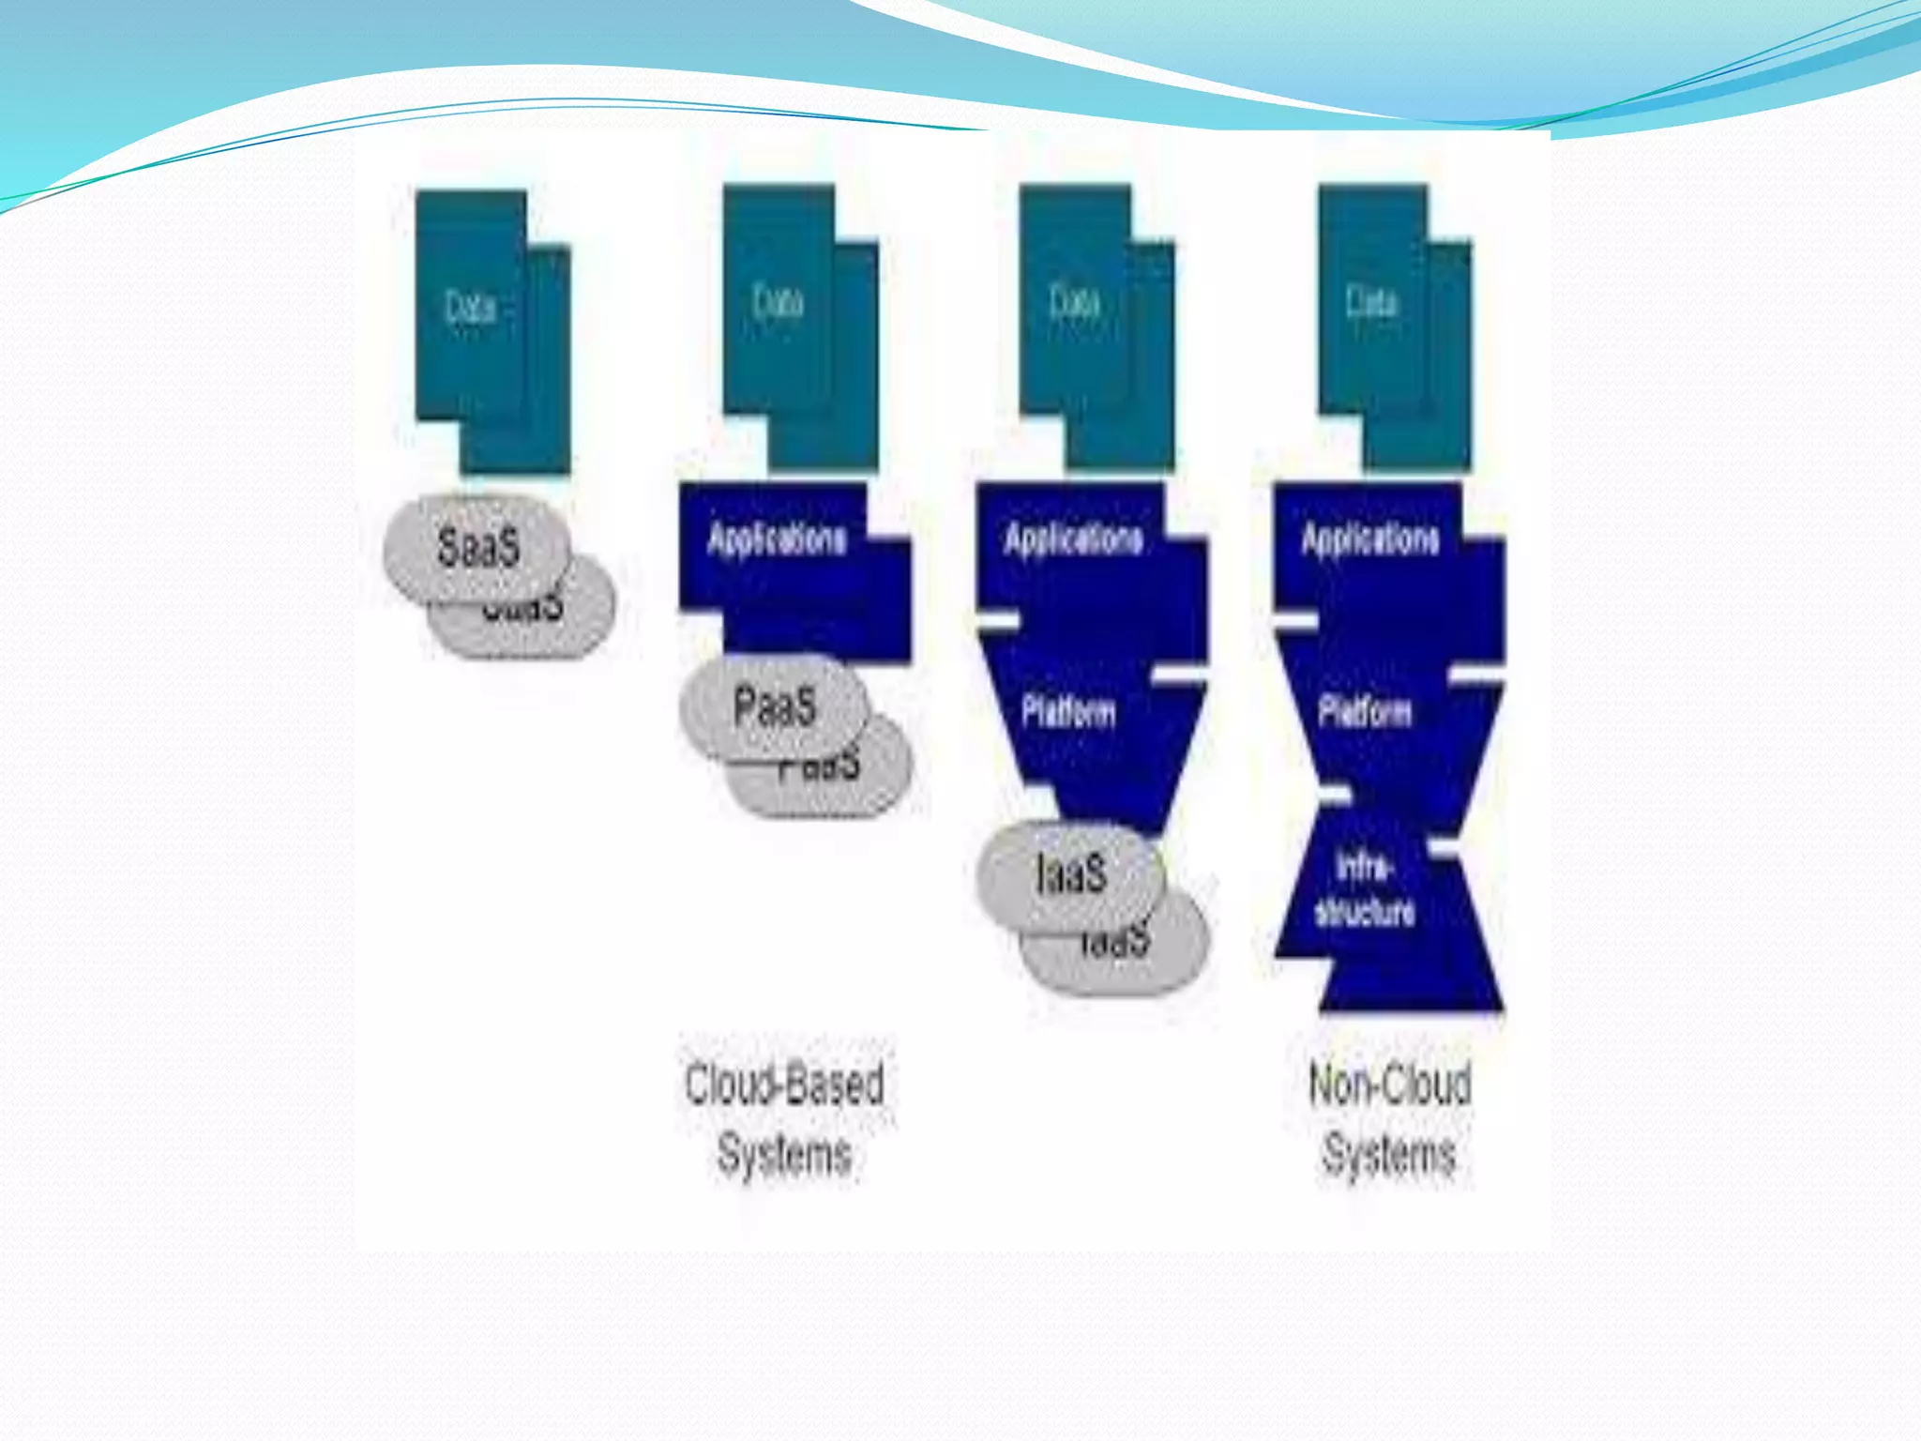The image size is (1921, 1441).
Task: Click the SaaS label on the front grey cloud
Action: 477,547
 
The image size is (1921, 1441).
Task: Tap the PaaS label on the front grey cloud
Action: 774,706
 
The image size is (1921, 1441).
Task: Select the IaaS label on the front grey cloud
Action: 1071,873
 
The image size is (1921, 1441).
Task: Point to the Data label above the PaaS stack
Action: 778,302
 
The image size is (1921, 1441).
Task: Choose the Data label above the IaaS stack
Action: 1074,302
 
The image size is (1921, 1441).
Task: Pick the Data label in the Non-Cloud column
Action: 1371,302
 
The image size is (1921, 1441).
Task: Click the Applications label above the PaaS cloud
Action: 777,539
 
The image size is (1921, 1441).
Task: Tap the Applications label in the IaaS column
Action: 1074,539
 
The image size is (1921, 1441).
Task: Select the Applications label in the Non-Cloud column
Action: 1370,539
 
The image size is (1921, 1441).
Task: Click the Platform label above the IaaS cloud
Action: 1068,711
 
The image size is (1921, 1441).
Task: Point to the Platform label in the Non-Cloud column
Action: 1365,711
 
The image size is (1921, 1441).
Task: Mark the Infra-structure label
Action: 1365,889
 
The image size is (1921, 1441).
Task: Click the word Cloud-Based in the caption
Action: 784,1085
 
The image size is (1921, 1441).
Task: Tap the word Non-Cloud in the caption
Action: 1389,1085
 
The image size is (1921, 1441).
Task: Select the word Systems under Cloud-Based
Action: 784,1154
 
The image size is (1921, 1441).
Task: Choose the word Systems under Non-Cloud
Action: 1389,1154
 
